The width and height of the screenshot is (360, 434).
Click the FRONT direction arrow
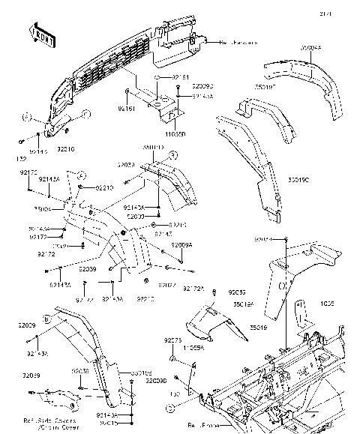pos(40,33)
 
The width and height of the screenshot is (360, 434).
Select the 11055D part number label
pos(175,133)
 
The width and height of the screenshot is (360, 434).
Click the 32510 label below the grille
pos(65,150)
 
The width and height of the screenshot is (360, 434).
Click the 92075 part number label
pos(173,340)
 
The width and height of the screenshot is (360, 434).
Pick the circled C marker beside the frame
pos(171,407)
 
